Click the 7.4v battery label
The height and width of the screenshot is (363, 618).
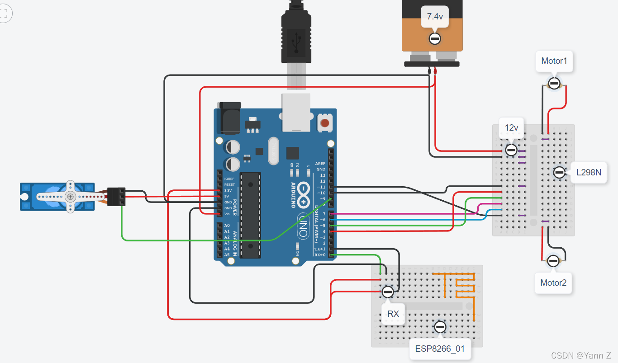tap(435, 17)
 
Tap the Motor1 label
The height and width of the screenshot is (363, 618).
tap(554, 61)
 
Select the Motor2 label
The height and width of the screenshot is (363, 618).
tap(553, 283)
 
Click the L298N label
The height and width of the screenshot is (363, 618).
tap(588, 172)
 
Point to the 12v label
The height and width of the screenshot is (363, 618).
tap(511, 128)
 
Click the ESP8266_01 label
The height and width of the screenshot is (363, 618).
tap(440, 349)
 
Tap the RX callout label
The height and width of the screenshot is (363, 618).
tap(393, 314)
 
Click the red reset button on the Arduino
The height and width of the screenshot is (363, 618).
tap(324, 123)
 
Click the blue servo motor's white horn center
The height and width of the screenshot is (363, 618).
tap(70, 196)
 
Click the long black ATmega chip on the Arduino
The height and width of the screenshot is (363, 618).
tap(250, 215)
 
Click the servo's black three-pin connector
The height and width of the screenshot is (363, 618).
tap(117, 197)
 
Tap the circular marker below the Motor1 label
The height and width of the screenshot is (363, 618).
tap(554, 83)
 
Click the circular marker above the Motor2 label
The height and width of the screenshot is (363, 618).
tap(553, 261)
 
